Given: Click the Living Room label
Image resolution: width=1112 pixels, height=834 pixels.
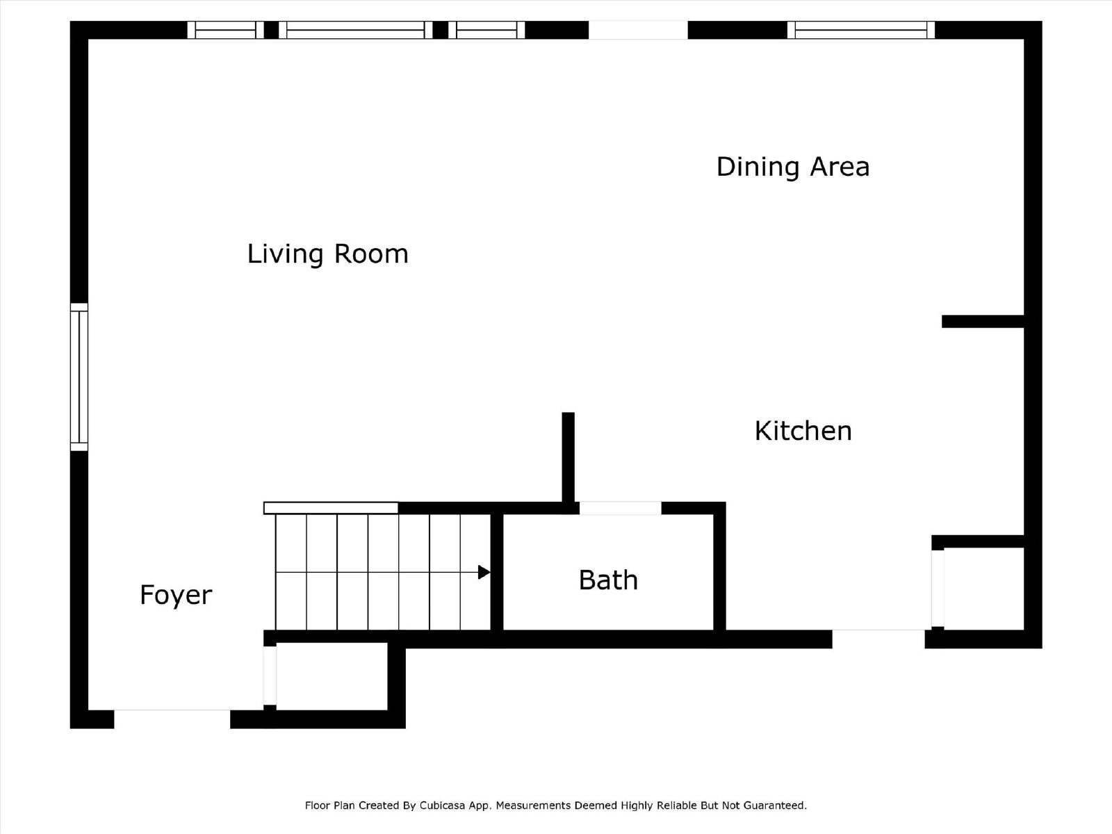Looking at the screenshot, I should coord(327,254).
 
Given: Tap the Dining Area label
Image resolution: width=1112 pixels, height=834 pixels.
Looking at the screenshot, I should coord(792,167).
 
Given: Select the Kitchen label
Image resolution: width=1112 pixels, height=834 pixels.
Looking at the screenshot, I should coord(803,431).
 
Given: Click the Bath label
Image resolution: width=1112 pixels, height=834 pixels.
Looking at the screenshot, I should coord(608,580).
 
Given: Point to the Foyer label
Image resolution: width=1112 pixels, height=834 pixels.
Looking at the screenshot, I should coord(176,595).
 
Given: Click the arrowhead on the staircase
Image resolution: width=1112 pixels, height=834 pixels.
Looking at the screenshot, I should coord(484,573).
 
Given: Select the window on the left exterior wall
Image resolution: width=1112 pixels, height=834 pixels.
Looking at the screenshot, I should coord(79,377).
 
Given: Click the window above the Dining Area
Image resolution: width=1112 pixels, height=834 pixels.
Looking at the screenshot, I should coord(860,30).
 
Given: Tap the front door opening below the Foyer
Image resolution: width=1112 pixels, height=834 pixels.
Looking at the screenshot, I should coord(172,719).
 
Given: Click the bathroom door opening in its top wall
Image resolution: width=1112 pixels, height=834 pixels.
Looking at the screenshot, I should coord(620,508).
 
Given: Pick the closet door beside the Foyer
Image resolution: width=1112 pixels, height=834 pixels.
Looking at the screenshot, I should coord(270,676).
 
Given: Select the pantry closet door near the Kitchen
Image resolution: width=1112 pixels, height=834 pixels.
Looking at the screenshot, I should coord(938,588).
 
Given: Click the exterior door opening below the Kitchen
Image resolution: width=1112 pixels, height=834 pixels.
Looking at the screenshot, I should coord(878,639).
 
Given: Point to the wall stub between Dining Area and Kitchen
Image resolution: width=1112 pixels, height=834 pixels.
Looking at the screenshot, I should coord(983,321).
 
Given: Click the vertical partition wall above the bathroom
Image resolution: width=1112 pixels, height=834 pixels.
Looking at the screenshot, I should coord(568,457).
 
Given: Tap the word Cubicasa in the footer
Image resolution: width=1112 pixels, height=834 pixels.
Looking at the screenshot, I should coord(442,806).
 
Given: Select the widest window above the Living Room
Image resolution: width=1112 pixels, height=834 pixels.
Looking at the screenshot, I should coord(355,30).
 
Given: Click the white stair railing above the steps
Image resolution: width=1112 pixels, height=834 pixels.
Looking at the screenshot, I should coord(331,508).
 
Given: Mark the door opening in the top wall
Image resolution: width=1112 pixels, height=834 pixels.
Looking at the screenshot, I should coord(638,30).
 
